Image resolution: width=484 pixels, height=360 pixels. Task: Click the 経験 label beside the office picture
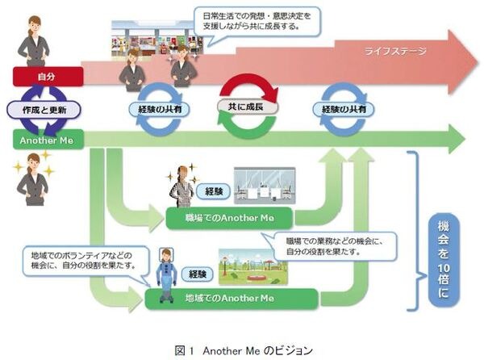(214, 192)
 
